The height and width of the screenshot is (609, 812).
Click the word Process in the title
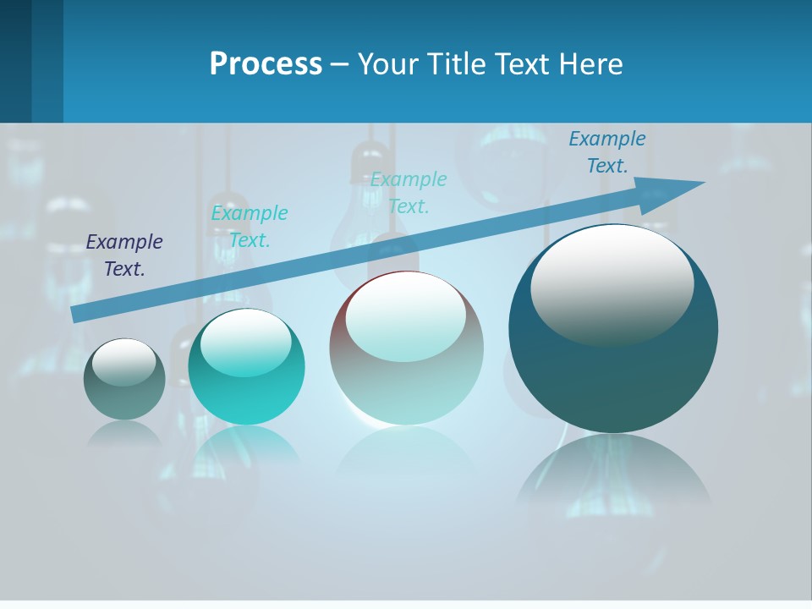pyautogui.click(x=266, y=63)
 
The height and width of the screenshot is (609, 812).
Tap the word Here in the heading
pyautogui.click(x=591, y=63)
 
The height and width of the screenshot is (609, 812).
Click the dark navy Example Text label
pyautogui.click(x=124, y=255)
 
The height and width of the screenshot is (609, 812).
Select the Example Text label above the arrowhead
pyautogui.click(x=606, y=152)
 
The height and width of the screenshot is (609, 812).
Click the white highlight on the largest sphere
pyautogui.click(x=612, y=283)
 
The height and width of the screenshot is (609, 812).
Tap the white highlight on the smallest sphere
pyautogui.click(x=123, y=362)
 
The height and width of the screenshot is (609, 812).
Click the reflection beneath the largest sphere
pyautogui.click(x=613, y=474)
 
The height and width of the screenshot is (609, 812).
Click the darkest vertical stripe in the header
pyautogui.click(x=15, y=61)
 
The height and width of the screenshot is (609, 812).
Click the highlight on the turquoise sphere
pyautogui.click(x=245, y=343)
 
